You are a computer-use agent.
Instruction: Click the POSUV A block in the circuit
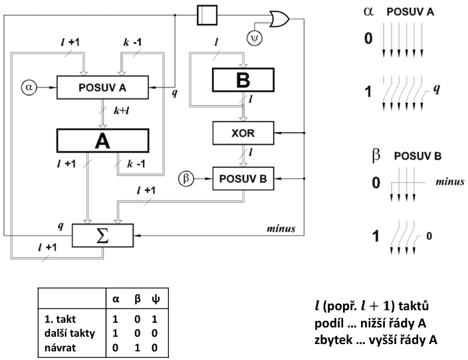(x=102, y=88)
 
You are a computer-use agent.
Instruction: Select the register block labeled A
(x=102, y=141)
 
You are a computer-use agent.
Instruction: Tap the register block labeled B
(x=243, y=80)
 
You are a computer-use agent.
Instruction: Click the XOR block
(x=243, y=133)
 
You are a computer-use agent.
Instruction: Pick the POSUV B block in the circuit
(x=243, y=179)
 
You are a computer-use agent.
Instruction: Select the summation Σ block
(x=102, y=236)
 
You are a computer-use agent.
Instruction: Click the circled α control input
(x=29, y=88)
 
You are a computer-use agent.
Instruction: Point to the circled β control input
(x=186, y=179)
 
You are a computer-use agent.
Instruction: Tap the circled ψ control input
(x=255, y=38)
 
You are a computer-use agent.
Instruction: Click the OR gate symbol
(x=279, y=19)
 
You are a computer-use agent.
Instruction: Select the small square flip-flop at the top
(x=207, y=15)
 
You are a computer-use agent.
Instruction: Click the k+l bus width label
(x=122, y=111)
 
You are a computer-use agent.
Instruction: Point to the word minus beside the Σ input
(x=281, y=228)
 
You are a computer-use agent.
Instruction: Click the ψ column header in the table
(x=156, y=298)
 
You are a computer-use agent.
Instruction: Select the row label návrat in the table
(x=60, y=348)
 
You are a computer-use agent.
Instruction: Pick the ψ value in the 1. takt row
(x=154, y=319)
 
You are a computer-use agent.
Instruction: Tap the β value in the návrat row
(x=138, y=348)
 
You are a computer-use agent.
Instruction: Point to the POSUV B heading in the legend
(x=417, y=156)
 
